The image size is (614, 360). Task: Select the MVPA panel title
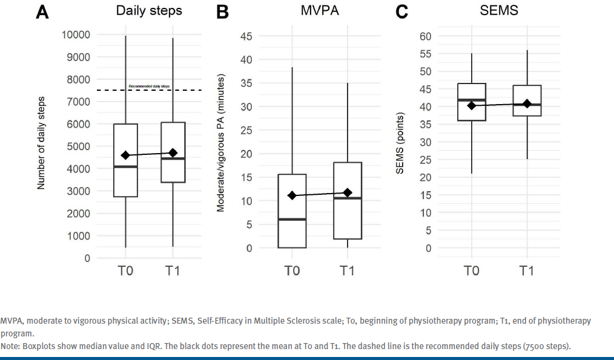[319, 11]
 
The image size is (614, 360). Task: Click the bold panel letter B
[222, 12]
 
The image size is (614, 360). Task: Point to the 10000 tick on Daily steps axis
[76, 34]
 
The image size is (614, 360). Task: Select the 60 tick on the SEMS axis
[425, 36]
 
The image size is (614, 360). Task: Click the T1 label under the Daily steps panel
[173, 270]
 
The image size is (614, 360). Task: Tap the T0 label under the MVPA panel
[292, 270]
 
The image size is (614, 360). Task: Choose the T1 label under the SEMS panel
[527, 270]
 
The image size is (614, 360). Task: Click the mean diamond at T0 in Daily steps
[125, 155]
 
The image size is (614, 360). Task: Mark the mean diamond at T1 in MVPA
[347, 192]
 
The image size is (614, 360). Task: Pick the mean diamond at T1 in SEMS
[527, 103]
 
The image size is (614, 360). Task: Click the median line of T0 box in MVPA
[292, 219]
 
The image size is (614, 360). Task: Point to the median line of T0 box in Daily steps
[125, 166]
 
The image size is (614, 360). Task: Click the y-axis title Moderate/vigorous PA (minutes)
[221, 143]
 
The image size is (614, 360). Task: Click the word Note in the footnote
[8, 346]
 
